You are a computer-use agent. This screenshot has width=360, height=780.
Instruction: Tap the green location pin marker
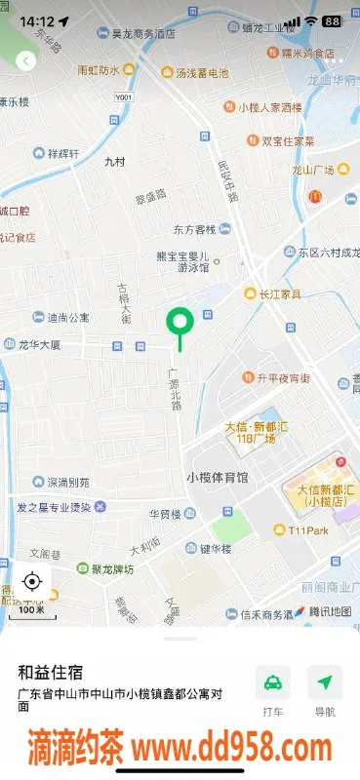(x=180, y=323)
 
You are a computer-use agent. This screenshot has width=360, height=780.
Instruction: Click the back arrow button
(x=26, y=60)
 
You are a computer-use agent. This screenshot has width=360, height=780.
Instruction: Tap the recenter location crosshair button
(x=31, y=582)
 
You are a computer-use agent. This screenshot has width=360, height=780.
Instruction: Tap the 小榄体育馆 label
(x=218, y=477)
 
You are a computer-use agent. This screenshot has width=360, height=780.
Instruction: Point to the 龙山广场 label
(x=313, y=170)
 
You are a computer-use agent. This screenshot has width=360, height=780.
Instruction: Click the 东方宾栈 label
(x=194, y=229)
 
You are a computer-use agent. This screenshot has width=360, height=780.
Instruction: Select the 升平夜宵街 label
(x=284, y=377)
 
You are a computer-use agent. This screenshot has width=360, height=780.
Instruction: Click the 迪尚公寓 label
(x=68, y=317)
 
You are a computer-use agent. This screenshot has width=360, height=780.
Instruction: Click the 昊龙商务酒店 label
(x=143, y=33)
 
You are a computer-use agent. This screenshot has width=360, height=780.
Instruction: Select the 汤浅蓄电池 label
(x=202, y=73)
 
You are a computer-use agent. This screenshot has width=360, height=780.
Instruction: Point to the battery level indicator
(x=333, y=20)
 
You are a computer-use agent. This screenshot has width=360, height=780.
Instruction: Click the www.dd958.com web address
(x=231, y=749)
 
